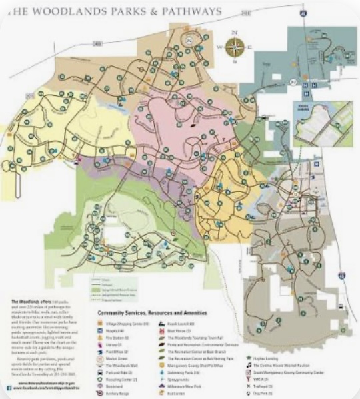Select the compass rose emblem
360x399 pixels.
point(234,47)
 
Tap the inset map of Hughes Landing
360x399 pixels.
point(323,123)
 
